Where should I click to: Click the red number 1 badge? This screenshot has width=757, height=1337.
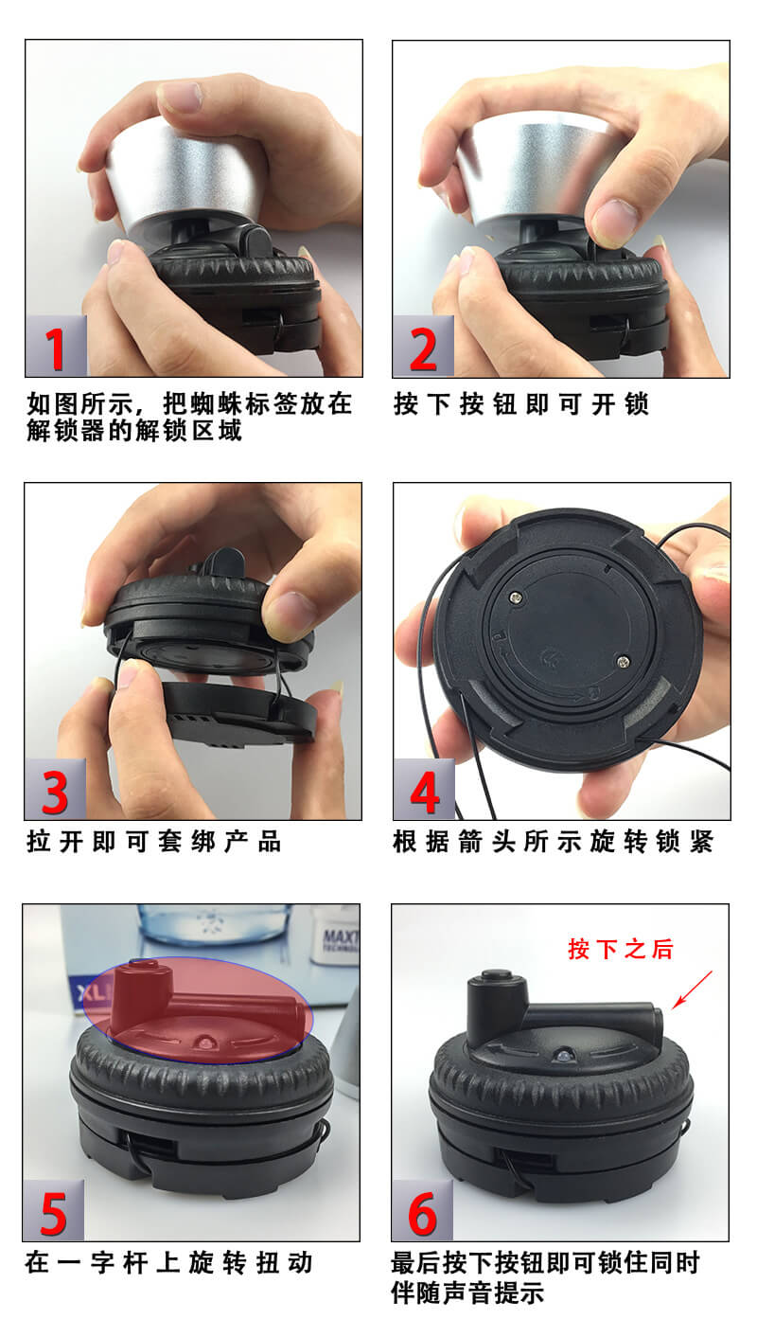[x=56, y=347]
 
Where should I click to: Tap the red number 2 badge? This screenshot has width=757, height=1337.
[x=423, y=347]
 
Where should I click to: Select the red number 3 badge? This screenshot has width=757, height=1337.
[x=56, y=789]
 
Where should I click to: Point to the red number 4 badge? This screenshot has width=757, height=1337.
[x=424, y=789]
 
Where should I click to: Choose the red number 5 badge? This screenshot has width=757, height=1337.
[x=54, y=1210]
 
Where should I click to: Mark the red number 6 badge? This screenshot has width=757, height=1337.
[x=422, y=1210]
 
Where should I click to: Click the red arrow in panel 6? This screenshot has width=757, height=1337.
[x=692, y=989]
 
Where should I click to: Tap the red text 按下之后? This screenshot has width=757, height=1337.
[x=621, y=949]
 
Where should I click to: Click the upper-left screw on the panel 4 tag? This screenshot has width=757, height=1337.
[x=517, y=596]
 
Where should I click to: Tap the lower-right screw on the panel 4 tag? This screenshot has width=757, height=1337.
[x=623, y=661]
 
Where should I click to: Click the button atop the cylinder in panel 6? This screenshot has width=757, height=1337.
[x=495, y=975]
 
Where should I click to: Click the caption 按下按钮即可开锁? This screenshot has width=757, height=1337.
[x=520, y=404]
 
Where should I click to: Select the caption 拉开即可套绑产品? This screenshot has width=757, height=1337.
[x=154, y=842]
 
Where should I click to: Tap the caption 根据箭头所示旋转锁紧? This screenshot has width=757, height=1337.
[x=553, y=842]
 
